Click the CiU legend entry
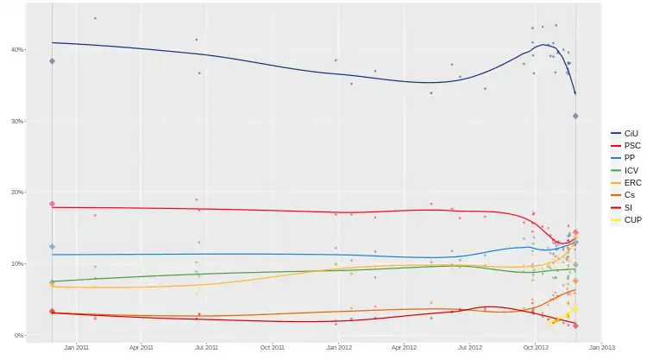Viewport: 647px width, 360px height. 630,133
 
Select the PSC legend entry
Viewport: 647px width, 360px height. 630,146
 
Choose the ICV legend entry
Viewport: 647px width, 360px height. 630,171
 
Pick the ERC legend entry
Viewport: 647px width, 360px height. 631,183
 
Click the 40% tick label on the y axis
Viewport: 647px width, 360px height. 17,50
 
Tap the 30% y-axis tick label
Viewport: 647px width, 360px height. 17,122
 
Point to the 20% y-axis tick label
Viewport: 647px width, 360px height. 17,193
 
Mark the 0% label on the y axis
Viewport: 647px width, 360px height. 19,335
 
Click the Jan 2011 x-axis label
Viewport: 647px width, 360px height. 76,348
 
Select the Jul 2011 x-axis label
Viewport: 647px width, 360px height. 205,348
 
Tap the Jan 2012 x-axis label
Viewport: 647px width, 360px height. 338,348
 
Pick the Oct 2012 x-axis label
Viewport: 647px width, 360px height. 536,348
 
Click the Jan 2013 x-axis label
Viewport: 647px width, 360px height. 601,348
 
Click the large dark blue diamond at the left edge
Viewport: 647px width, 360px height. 53,60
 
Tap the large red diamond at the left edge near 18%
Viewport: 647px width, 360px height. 53,204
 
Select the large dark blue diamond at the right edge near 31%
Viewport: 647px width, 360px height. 575,116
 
